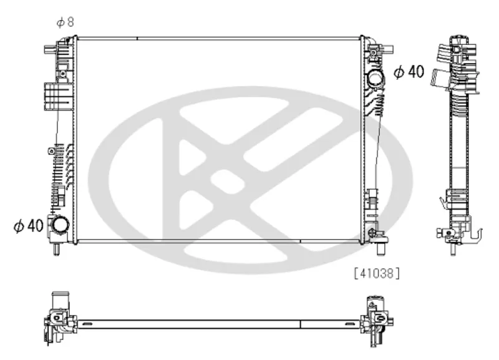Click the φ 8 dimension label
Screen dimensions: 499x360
[65, 22]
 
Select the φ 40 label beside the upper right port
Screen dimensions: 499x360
[409, 72]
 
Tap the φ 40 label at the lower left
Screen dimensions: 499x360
[29, 226]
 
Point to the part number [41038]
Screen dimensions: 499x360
[377, 273]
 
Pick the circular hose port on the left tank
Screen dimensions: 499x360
[60, 225]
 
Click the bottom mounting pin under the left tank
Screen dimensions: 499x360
[56, 249]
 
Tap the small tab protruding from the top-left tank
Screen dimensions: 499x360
[50, 50]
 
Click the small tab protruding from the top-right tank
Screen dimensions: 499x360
[388, 49]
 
